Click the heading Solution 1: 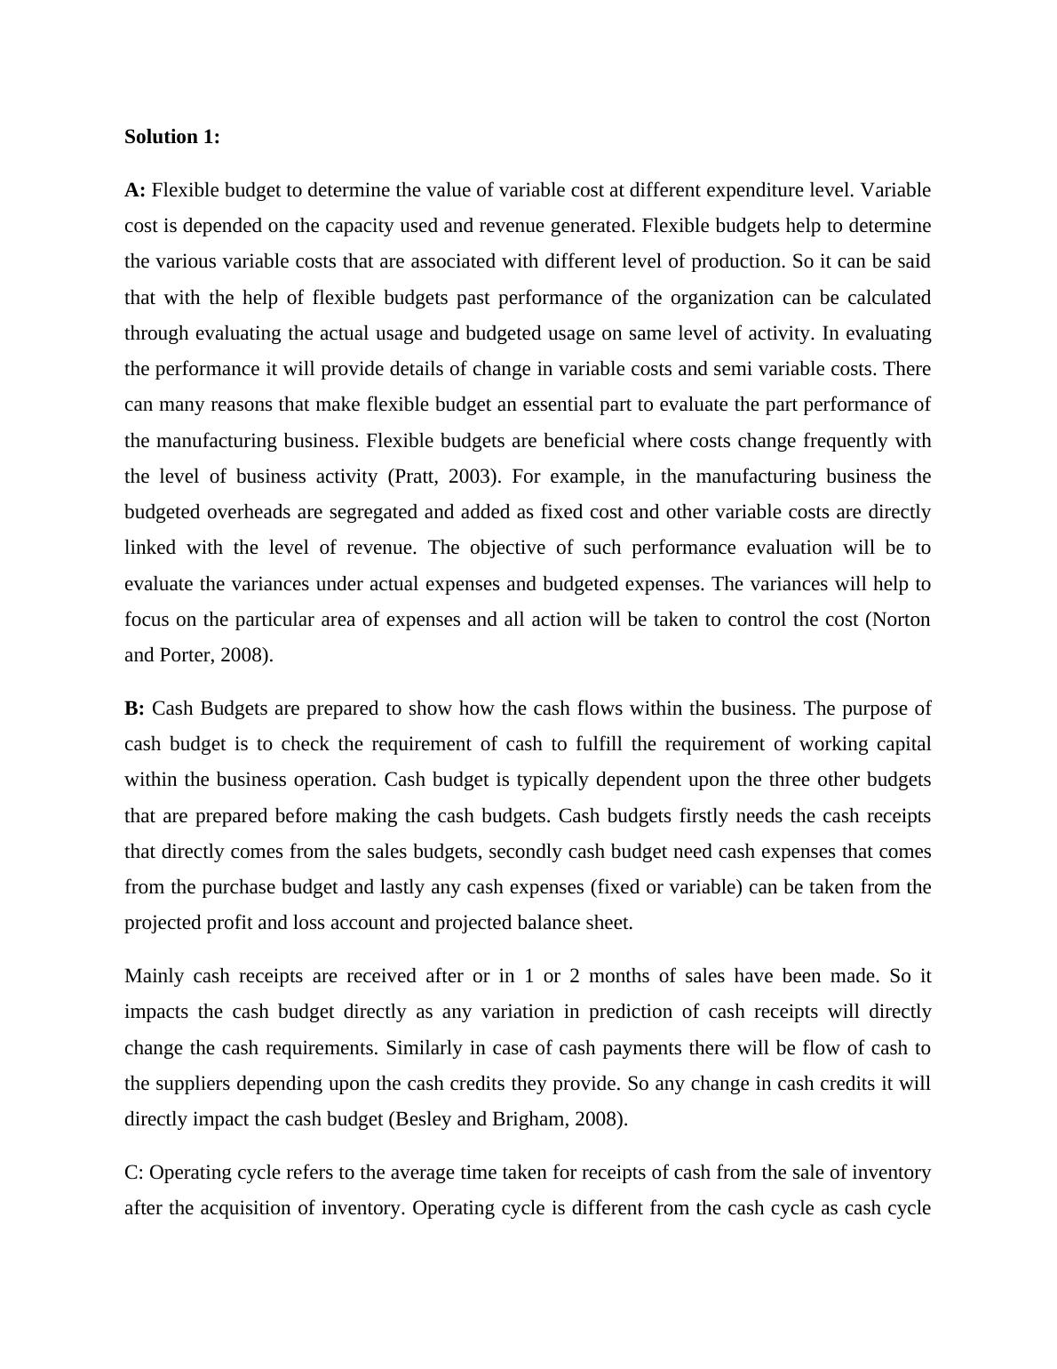tap(171, 137)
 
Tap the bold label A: tap(135, 190)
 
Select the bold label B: tap(135, 709)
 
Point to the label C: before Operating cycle tap(134, 1173)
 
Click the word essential tap(561, 404)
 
